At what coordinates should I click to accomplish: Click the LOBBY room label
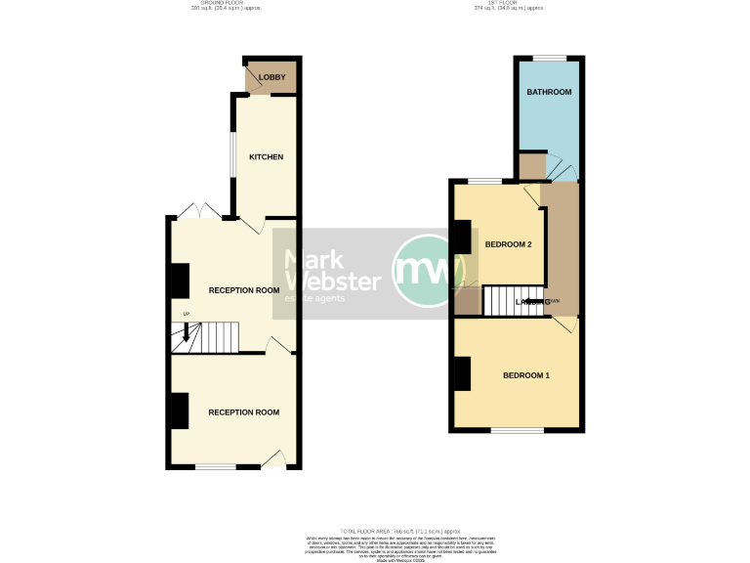tap(271, 76)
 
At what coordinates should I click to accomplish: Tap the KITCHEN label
tap(266, 157)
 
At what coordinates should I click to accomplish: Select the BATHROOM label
tap(549, 92)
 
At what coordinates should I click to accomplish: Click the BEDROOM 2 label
tap(508, 244)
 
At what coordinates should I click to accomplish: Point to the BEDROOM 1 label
tap(526, 375)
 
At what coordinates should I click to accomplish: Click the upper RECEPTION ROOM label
tap(243, 290)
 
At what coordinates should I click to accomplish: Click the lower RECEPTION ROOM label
tap(243, 412)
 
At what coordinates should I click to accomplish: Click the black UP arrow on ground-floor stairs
tap(185, 335)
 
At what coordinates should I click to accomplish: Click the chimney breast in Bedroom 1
tap(462, 373)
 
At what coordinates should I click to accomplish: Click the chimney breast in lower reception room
tap(180, 411)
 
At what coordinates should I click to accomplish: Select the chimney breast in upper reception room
tap(180, 281)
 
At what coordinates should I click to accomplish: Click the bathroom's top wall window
tap(550, 57)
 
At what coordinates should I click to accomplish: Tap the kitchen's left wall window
tap(231, 155)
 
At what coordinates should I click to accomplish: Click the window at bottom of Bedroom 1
tap(517, 430)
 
